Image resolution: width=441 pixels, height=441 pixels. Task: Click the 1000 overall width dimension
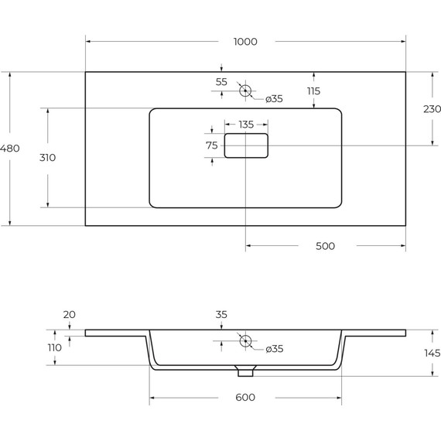[x=245, y=42]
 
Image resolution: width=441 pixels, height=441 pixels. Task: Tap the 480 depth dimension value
[x=9, y=149]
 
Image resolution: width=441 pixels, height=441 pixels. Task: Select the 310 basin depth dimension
[x=47, y=158]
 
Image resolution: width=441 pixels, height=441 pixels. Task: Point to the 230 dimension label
[x=432, y=109]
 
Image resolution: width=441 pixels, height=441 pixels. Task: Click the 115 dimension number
[x=313, y=91]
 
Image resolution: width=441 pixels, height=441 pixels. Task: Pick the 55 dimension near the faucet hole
[x=221, y=82]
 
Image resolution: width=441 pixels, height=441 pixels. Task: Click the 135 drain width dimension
[x=246, y=125]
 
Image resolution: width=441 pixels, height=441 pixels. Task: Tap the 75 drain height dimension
[x=212, y=145]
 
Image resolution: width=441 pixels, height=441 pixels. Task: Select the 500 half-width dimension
[x=325, y=246]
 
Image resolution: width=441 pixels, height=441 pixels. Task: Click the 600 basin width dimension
[x=245, y=398]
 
